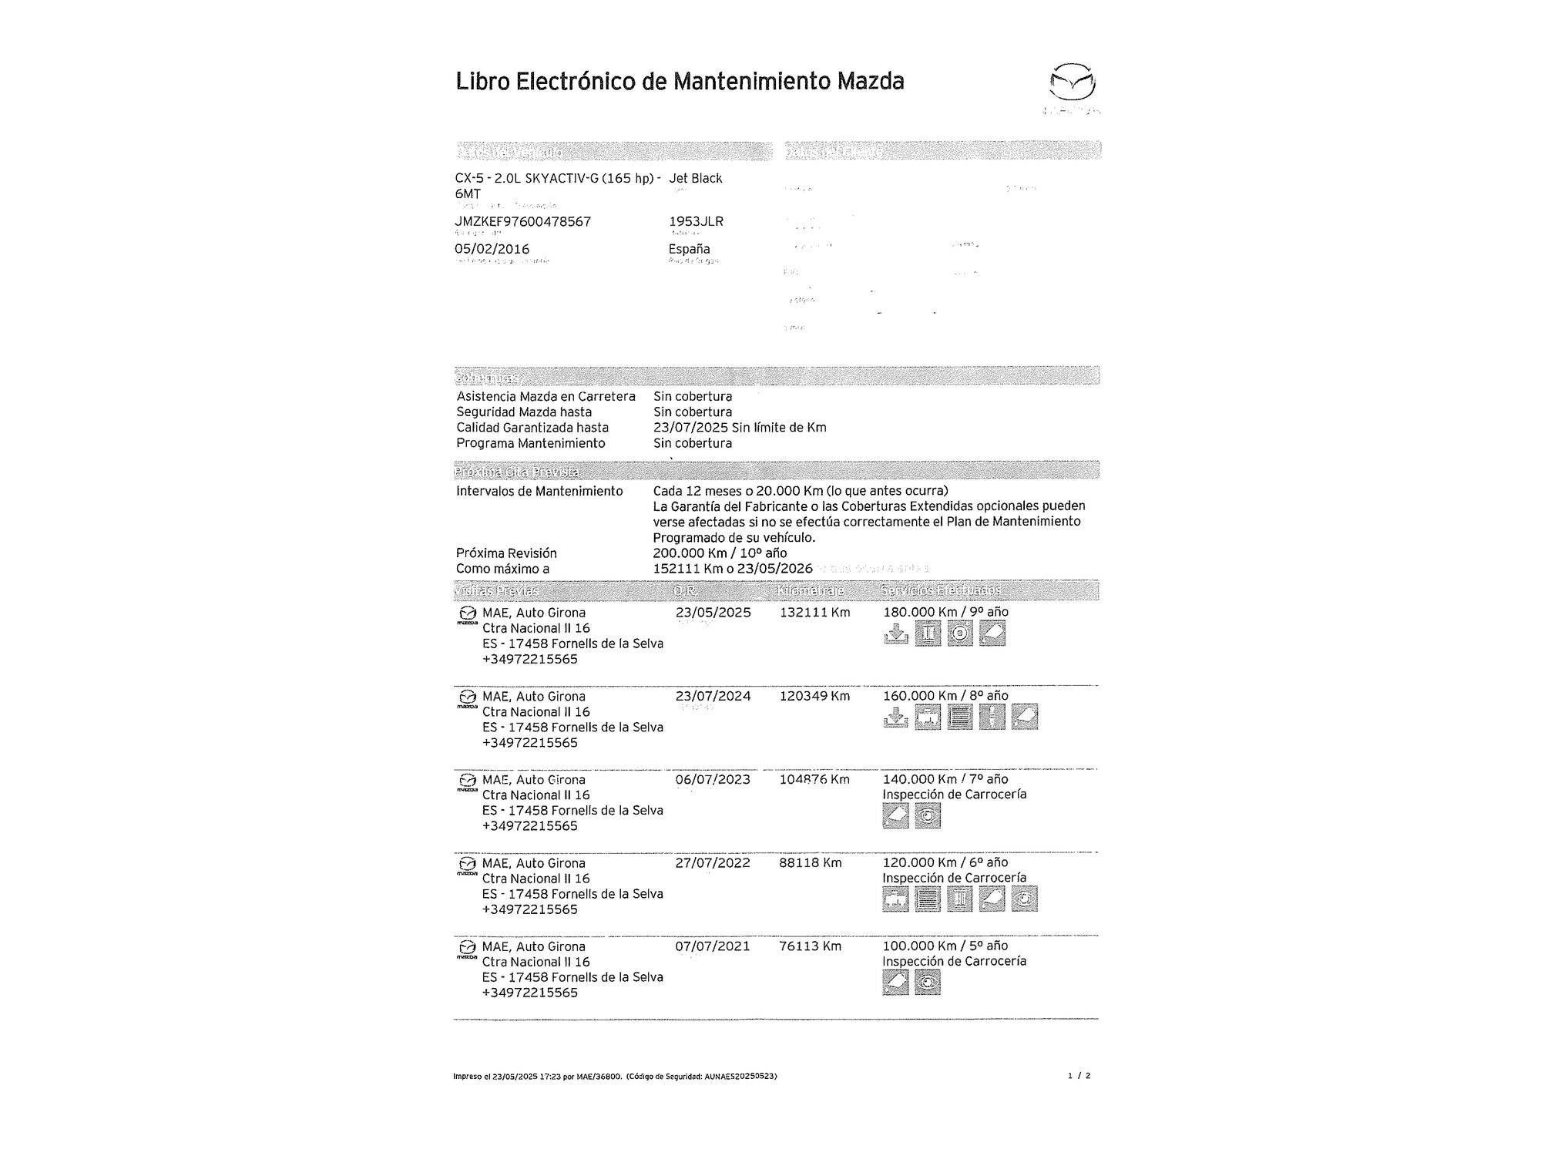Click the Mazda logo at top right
click(1073, 82)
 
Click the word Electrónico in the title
click(576, 81)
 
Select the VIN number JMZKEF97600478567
click(522, 222)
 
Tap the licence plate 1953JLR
click(696, 222)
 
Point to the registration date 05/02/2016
click(492, 249)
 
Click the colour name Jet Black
click(695, 179)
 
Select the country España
click(689, 249)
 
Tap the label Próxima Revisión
click(506, 553)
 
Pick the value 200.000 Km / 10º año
click(720, 553)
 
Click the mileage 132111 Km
click(814, 613)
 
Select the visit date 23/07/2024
click(713, 696)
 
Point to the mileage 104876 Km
click(814, 779)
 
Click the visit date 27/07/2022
click(713, 863)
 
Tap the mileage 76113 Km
click(810, 946)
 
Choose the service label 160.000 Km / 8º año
click(945, 696)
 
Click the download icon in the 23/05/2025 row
click(895, 634)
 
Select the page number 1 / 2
click(1079, 1076)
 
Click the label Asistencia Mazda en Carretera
click(546, 397)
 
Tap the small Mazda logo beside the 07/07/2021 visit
click(466, 948)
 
